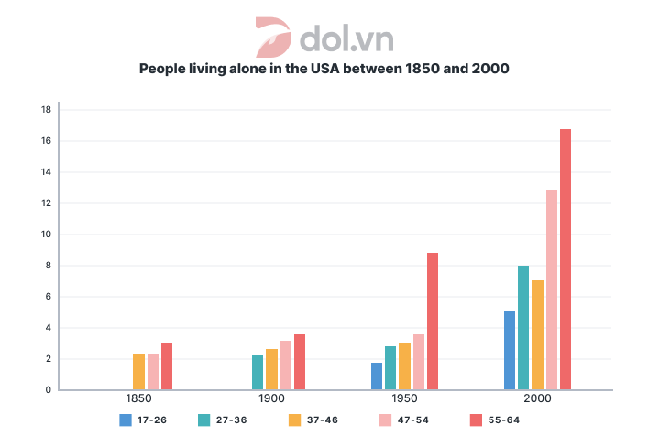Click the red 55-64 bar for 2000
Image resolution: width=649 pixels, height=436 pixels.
click(566, 259)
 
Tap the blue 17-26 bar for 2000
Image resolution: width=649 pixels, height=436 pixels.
click(510, 350)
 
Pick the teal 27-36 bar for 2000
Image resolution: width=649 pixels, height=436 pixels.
click(523, 327)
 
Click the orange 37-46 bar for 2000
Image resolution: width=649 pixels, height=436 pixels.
click(538, 334)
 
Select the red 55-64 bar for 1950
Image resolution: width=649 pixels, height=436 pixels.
click(433, 321)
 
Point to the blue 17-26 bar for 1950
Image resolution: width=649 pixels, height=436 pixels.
click(377, 376)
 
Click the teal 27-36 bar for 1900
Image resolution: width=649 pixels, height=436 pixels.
click(258, 372)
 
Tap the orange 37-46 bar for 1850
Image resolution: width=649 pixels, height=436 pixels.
click(138, 371)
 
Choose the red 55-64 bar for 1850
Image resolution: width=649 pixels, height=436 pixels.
click(167, 365)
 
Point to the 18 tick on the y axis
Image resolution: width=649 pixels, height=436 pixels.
click(45, 109)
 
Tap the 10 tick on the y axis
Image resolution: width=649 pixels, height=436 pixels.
click(45, 234)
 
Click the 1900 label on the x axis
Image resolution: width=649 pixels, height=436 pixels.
click(272, 400)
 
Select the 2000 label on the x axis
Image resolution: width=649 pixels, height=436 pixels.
click(538, 400)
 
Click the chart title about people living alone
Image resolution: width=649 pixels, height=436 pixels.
click(324, 69)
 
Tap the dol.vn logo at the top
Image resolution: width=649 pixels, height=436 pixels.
click(324, 37)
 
